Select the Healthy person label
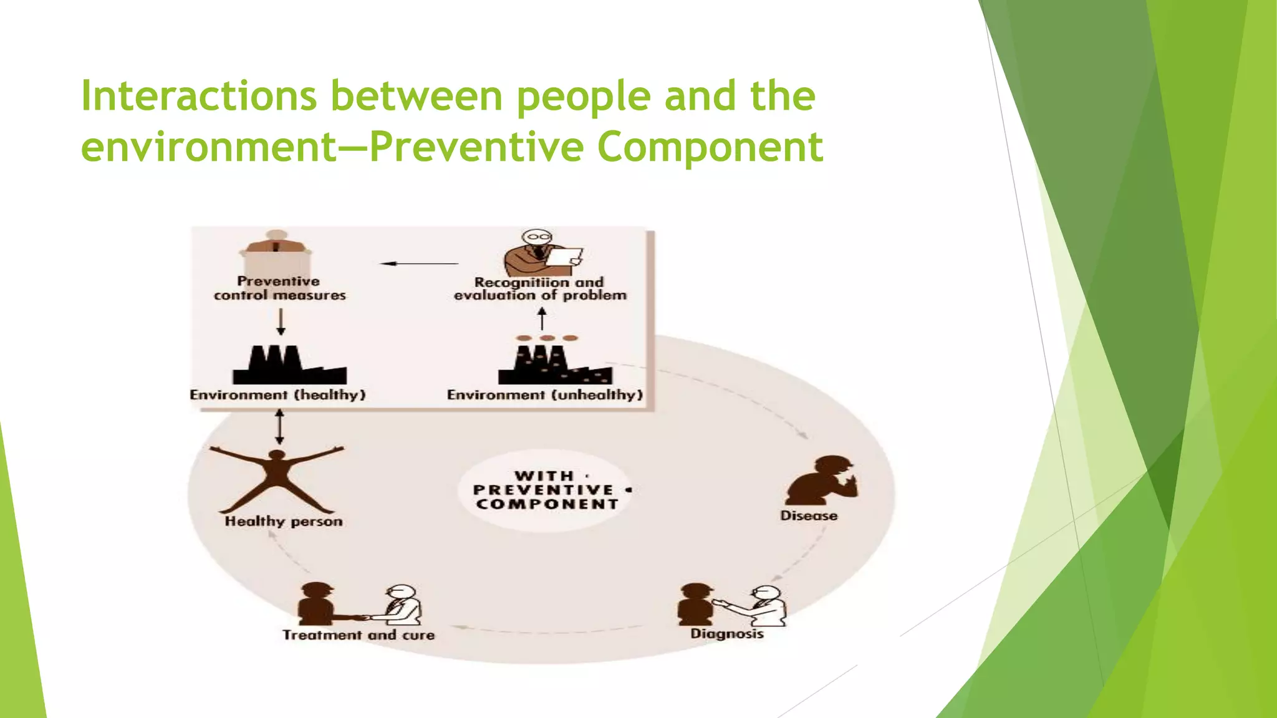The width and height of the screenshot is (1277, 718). point(284,522)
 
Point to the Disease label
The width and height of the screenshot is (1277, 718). point(809,516)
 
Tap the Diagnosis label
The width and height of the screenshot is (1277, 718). point(727,634)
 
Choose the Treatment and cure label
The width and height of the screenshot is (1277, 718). point(359,635)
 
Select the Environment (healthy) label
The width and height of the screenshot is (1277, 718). point(277,395)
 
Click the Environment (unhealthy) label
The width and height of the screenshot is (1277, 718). point(544,395)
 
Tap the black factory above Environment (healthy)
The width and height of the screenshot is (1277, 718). point(289,366)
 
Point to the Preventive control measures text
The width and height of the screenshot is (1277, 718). point(279,289)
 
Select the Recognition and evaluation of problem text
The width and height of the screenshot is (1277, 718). point(540,289)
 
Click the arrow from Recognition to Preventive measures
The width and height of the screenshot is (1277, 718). point(419,264)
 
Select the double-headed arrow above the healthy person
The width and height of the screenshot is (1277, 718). point(279,427)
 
